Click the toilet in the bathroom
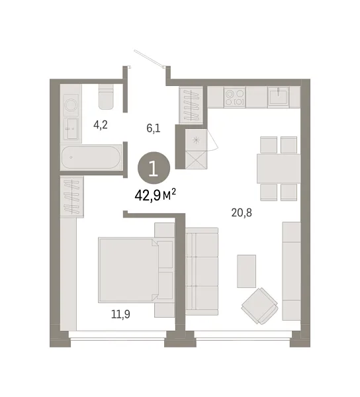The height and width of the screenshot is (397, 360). (x=106, y=97)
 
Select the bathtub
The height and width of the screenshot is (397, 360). (x=91, y=157)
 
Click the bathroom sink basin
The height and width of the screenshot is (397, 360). (x=72, y=128)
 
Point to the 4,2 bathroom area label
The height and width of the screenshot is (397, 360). (x=101, y=125)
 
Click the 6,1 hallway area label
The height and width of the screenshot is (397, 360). (x=153, y=128)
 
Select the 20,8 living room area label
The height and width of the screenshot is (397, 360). (x=242, y=212)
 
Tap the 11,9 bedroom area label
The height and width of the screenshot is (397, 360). (x=120, y=314)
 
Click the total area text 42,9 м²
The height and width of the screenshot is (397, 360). (x=156, y=195)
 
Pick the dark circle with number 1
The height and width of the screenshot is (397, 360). (x=154, y=168)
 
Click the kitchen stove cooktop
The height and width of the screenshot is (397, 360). (x=235, y=97)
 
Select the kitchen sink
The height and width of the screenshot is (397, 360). (x=279, y=96)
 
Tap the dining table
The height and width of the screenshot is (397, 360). (x=279, y=168)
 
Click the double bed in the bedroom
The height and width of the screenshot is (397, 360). (x=129, y=270)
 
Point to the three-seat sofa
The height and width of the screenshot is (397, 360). (x=202, y=271)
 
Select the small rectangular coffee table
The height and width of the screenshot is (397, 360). (x=246, y=271)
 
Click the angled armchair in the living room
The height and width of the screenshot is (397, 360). (x=260, y=306)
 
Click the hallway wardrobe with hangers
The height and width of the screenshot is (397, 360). (x=191, y=105)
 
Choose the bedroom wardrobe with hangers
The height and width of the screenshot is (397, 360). (x=72, y=197)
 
